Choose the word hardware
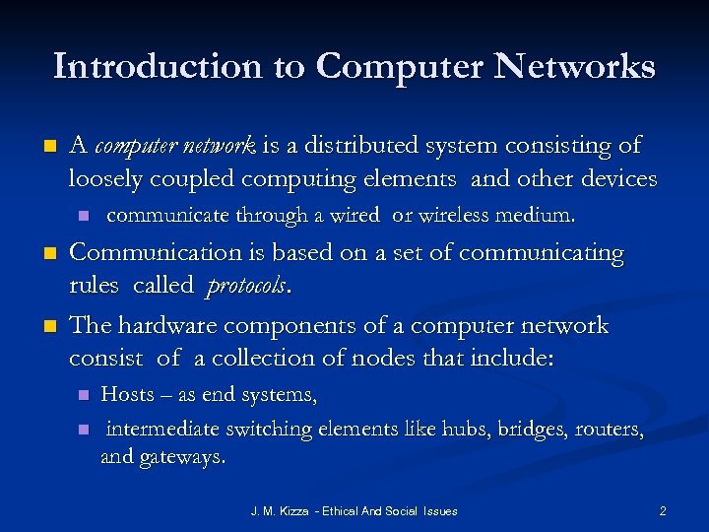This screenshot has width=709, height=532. (165, 326)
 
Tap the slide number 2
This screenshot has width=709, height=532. (663, 511)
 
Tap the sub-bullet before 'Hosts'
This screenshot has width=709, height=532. (84, 396)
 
